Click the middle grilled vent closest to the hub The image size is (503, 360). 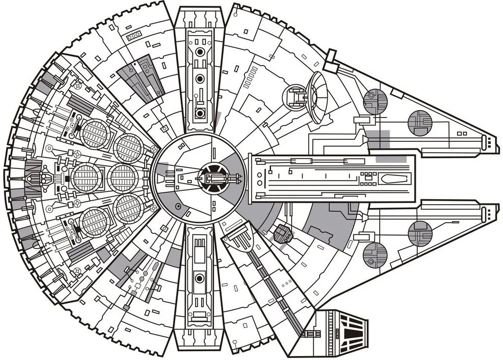point(123,178)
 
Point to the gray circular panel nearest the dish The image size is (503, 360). point(375,102)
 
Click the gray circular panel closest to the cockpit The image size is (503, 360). point(375,255)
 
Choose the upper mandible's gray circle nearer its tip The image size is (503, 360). point(420,122)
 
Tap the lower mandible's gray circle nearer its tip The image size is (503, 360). point(420,233)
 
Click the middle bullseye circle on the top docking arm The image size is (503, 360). point(199,79)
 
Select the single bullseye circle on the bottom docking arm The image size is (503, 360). point(199,278)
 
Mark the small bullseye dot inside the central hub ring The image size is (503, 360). point(179,207)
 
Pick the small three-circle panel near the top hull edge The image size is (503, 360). point(133,37)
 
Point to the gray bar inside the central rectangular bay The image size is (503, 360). point(390,159)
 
